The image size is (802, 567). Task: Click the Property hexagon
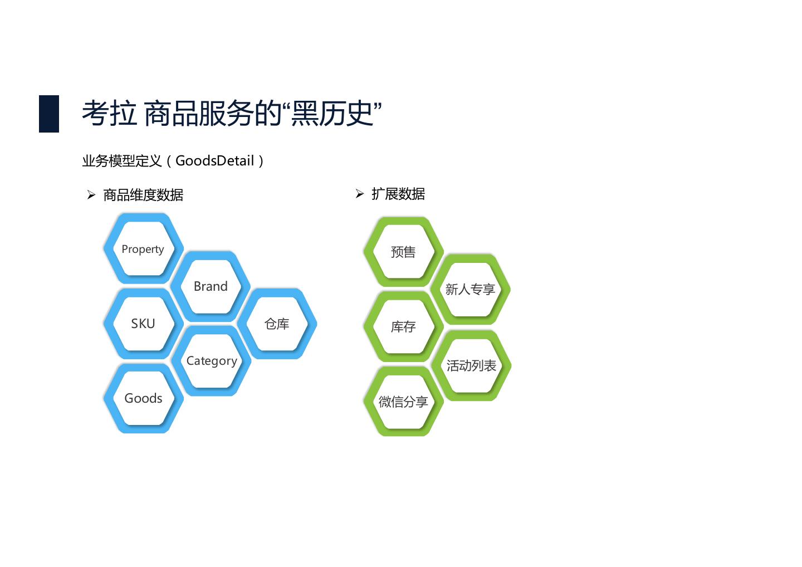point(143,249)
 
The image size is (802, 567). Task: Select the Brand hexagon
point(211,286)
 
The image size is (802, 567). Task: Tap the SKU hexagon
point(143,324)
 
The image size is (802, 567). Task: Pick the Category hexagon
point(212,361)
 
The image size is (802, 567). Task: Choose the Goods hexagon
point(143,398)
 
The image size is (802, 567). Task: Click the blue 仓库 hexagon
point(277,324)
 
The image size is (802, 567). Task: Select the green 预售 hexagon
point(403,252)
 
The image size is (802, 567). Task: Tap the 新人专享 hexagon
point(471,290)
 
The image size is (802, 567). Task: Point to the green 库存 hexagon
point(403,327)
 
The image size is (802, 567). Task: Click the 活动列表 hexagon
point(471,366)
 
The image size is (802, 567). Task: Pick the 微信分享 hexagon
point(403,402)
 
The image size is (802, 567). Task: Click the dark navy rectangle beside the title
point(49,114)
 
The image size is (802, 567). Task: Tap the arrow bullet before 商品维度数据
point(91,195)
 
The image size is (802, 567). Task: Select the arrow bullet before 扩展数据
point(360,194)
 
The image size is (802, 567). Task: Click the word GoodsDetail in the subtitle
point(214,161)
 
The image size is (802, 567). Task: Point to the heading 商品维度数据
point(143,195)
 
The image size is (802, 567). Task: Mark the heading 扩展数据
point(398,194)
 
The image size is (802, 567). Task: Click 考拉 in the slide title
point(110,114)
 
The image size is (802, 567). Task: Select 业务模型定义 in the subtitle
point(122,161)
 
